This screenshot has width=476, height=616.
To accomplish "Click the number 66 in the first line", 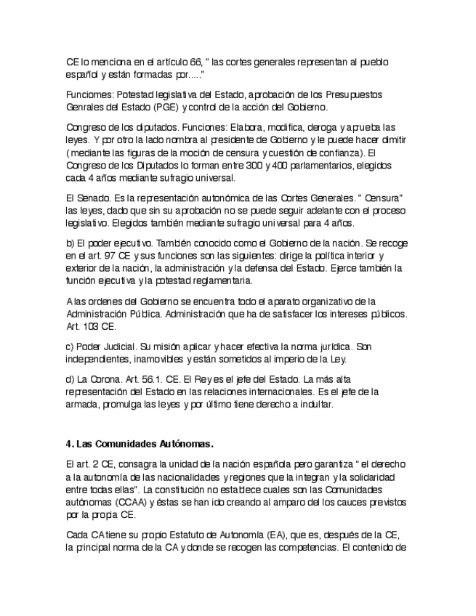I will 190,62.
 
